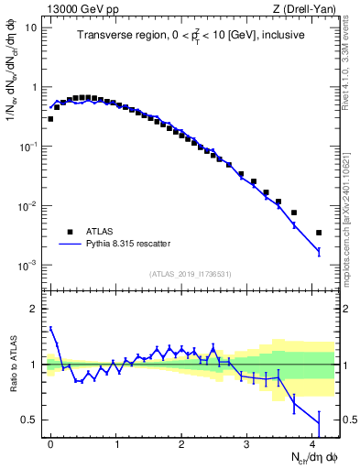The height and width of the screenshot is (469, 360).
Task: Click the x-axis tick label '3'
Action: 247,442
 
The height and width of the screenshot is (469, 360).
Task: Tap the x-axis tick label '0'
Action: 50,442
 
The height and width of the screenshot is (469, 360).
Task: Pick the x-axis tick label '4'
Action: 312,442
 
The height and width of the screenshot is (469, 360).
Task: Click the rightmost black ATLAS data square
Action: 319,233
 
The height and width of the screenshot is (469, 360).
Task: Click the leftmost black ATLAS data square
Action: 50,119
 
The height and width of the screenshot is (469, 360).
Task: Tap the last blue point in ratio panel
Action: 319,422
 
